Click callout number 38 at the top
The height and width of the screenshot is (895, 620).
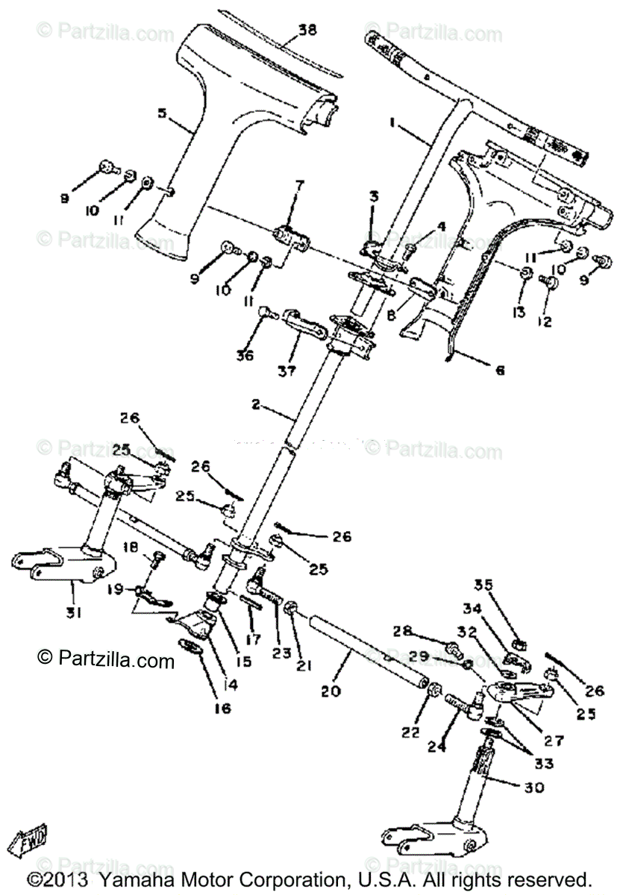coord(307,31)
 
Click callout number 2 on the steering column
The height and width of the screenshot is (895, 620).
coord(256,406)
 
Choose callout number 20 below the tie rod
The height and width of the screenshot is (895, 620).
coord(331,691)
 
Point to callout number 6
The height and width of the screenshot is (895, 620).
coord(498,368)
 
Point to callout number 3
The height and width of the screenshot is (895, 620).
coord(373,197)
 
